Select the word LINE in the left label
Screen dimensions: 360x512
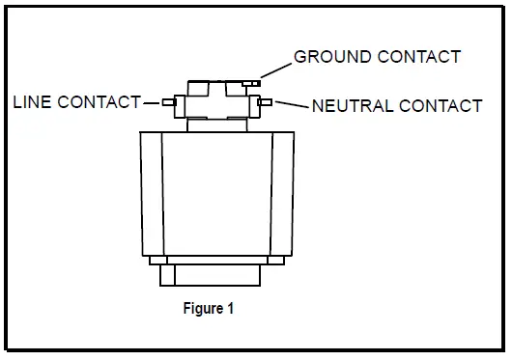click(33, 101)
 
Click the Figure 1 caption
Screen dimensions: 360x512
click(208, 310)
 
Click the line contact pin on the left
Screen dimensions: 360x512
click(169, 101)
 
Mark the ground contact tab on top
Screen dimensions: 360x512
click(253, 84)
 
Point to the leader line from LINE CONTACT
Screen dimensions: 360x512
click(153, 101)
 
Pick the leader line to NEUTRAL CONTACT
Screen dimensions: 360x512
click(290, 103)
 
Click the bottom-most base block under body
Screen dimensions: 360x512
click(211, 275)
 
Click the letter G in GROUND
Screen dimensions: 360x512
click(300, 57)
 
